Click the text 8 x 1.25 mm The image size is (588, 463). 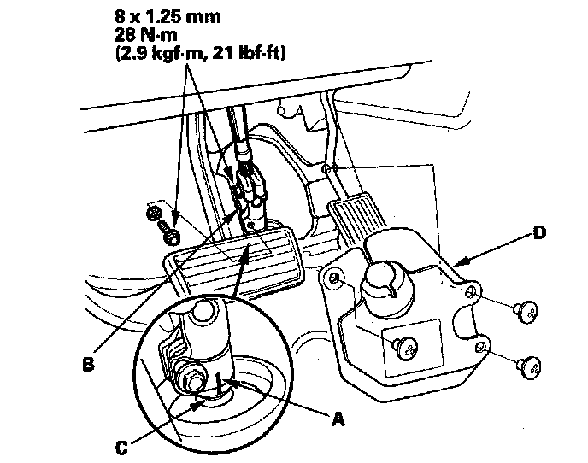[160, 16]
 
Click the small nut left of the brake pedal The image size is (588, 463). [154, 213]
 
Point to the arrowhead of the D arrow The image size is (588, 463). [454, 263]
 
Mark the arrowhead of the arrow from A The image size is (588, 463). [216, 379]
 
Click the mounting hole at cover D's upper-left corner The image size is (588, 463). [336, 278]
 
